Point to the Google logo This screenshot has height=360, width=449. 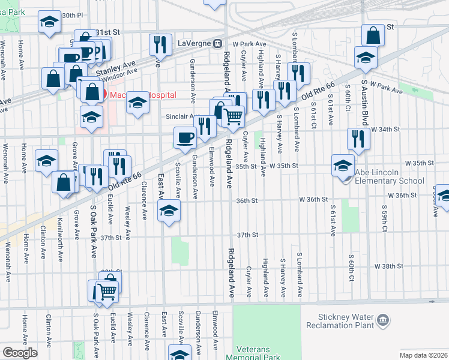20,353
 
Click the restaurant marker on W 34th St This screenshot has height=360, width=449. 358,139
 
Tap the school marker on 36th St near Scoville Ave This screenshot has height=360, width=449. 169,211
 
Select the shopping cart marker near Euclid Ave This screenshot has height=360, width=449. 107,292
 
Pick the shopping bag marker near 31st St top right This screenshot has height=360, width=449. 373,35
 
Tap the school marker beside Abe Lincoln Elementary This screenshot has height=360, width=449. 343,164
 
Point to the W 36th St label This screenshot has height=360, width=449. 402,196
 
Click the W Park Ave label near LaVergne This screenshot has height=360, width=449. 250,44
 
